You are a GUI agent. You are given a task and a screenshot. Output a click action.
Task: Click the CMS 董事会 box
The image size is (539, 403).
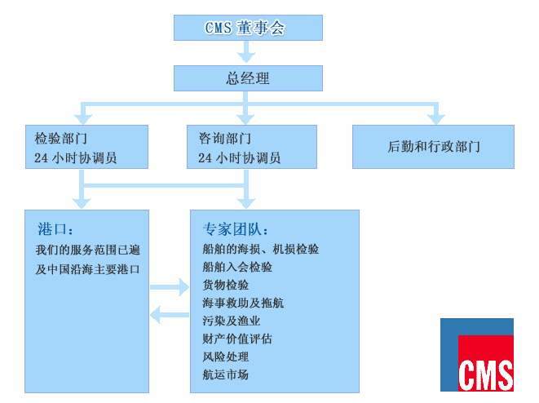tap(248, 28)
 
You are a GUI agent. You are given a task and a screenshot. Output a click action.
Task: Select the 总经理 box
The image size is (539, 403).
tap(248, 78)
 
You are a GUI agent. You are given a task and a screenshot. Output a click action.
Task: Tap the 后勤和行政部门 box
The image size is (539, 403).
tap(433, 147)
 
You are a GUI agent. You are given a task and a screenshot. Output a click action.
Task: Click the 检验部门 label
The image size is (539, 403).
tap(61, 138)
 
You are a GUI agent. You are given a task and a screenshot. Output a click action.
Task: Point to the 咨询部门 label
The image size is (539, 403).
tap(225, 138)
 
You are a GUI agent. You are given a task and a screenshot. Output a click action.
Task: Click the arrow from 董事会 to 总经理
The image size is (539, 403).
tap(246, 51)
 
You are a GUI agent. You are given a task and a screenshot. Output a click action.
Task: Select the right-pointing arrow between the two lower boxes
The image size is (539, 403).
tap(170, 287)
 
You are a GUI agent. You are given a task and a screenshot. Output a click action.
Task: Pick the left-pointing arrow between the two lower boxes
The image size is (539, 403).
tap(170, 315)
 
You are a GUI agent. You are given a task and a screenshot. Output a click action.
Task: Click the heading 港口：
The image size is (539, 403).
tap(55, 229)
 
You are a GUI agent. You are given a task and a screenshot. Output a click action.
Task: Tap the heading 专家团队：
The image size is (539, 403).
tap(235, 229)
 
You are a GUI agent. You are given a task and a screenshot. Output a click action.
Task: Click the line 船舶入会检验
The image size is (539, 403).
tap(237, 267)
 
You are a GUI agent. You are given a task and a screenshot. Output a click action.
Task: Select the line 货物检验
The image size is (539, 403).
tap(226, 285)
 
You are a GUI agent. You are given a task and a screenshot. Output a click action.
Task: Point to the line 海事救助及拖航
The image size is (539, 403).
tap(243, 303)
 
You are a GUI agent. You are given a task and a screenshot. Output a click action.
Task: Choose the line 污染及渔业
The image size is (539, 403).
tap(232, 321)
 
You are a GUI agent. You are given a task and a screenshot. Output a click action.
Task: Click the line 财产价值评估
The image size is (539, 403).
tap(237, 339)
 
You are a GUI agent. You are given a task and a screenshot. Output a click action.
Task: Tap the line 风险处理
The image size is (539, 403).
tap(226, 356)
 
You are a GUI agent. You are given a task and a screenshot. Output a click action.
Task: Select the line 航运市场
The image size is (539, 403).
tap(226, 374)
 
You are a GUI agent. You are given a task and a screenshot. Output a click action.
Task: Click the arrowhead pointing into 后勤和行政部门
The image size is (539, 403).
tap(436, 119)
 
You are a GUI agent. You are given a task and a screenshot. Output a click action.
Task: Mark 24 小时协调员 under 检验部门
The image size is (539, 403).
tap(76, 157)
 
